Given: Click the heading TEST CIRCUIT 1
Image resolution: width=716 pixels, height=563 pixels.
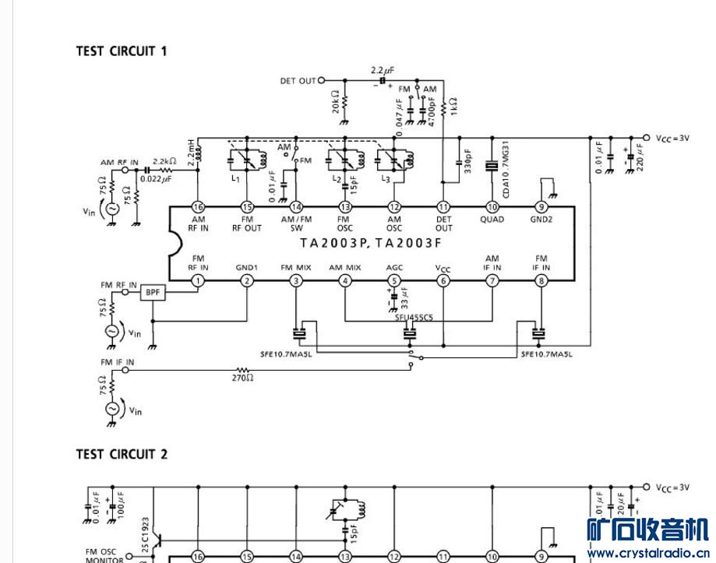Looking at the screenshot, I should point(122,51).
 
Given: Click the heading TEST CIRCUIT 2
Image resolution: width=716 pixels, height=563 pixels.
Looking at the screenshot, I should point(122,454).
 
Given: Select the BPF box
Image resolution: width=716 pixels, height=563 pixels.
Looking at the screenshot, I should point(152,293).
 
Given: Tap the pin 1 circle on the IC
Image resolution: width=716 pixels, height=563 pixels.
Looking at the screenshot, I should point(199,281).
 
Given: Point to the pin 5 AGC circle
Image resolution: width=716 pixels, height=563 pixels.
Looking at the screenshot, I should point(394,281).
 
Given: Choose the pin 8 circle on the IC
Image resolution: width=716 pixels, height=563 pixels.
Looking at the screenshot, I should point(541,281).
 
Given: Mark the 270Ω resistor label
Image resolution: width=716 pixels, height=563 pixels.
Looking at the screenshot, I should point(242,378).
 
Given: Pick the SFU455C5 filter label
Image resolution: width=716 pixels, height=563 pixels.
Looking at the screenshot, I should point(413,318).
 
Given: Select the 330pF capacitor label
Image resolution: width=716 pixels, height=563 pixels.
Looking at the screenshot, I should point(467,161).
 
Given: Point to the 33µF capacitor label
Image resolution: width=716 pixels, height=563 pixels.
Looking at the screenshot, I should point(404,299).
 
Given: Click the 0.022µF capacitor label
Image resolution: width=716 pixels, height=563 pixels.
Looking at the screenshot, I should point(156,179).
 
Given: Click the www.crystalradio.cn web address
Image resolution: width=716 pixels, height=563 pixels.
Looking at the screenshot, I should point(647,554).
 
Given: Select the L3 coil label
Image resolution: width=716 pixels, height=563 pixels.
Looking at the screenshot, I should point(385,179).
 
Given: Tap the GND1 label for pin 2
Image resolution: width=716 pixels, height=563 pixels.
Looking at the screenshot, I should point(247,267).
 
